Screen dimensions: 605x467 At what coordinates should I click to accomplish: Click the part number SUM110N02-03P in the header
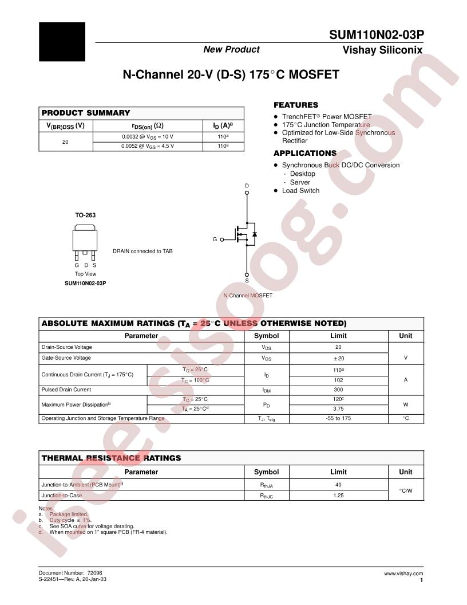(376, 34)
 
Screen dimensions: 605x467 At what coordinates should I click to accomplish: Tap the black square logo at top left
(62, 42)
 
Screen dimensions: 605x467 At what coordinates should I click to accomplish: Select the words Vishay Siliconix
(382, 50)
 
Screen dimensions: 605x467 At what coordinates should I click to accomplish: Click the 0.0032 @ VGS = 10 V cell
(147, 137)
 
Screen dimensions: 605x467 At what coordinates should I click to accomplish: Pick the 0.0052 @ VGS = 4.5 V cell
(147, 146)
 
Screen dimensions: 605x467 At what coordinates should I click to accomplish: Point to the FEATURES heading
(295, 105)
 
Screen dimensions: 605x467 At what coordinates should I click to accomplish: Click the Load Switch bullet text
(300, 191)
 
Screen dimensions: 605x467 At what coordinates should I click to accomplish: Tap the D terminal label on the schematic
(247, 186)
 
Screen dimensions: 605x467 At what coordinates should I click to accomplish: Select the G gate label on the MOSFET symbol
(215, 239)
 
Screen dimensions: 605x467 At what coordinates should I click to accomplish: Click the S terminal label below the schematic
(247, 281)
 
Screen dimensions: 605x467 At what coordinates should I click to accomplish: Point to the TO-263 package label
(85, 215)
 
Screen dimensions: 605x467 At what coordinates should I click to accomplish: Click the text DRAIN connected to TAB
(143, 251)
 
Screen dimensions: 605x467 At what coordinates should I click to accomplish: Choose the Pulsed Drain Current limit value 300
(338, 390)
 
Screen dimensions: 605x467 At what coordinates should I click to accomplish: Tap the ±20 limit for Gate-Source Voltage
(338, 357)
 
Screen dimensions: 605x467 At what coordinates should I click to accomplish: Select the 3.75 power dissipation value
(338, 409)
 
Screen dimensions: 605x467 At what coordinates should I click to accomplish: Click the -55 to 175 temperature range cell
(338, 418)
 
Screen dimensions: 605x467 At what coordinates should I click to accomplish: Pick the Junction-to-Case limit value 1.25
(338, 496)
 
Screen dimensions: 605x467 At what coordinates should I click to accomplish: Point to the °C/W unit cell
(405, 490)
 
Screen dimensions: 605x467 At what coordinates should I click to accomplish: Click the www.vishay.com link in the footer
(403, 573)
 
